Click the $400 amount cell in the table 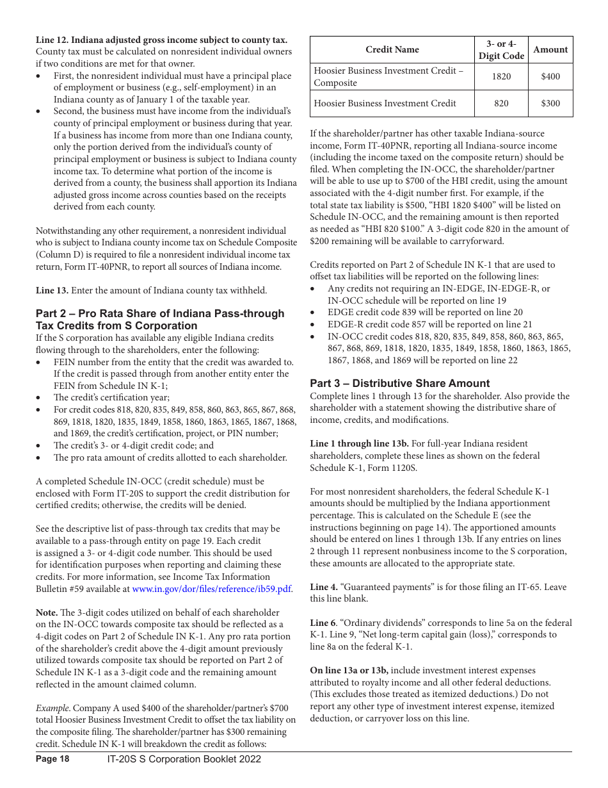[550, 76]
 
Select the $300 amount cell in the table [550, 103]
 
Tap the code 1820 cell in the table [501, 76]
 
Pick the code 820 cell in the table [501, 103]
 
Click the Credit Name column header [392, 49]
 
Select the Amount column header [550, 49]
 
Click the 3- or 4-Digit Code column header [501, 49]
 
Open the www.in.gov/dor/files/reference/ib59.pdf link [211, 589]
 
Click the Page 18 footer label [52, 759]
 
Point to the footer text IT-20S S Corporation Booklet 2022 [184, 759]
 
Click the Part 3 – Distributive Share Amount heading [400, 383]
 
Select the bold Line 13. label [52, 290]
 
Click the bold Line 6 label [323, 623]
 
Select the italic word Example [53, 708]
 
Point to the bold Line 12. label [52, 40]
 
